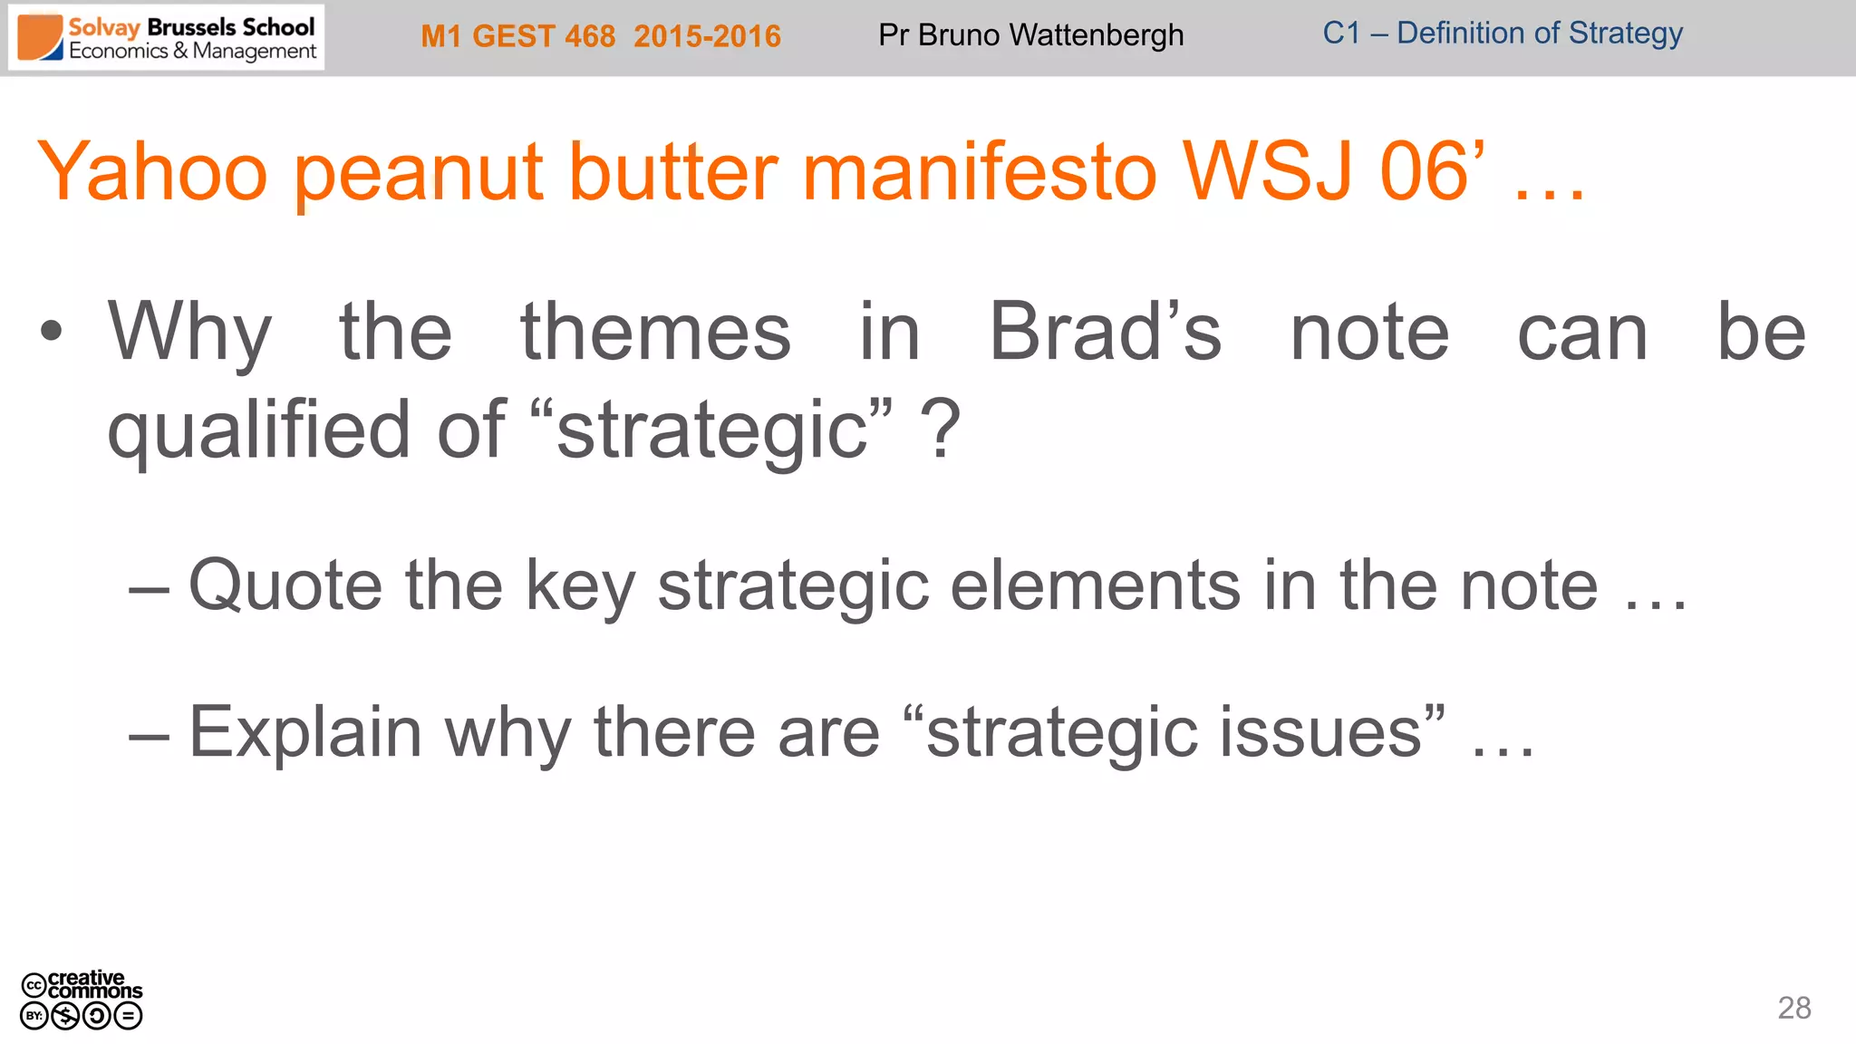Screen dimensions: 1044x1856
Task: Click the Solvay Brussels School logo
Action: tap(167, 38)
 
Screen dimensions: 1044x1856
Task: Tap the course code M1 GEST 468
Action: tap(518, 36)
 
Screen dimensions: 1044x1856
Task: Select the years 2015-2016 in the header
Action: tap(707, 36)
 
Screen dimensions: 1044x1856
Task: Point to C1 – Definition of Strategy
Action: tap(1502, 34)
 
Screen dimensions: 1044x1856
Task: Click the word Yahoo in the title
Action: tap(152, 172)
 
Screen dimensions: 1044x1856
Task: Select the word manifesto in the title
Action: tap(980, 172)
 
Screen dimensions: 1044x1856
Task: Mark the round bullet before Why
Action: tap(52, 332)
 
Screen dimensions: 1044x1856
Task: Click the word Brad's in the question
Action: tap(1105, 332)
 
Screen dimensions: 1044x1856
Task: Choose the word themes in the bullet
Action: tap(655, 332)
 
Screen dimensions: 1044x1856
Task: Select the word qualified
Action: tap(259, 430)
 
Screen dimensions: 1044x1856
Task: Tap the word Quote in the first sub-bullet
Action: tap(285, 585)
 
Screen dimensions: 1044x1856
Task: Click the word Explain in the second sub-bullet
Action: tap(305, 732)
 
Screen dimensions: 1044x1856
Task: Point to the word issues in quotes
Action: tap(1319, 732)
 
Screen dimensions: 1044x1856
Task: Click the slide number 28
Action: tap(1793, 1008)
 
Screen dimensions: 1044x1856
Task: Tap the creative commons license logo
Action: tap(82, 1000)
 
